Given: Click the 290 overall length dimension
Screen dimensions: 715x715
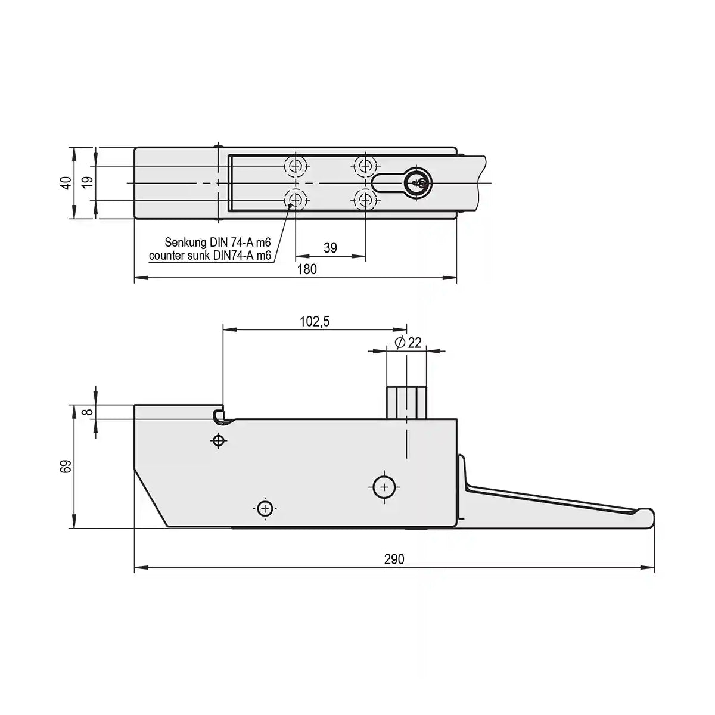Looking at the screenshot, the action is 394,559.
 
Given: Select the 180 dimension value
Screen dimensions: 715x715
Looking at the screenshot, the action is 307,269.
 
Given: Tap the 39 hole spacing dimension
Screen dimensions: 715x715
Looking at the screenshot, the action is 330,247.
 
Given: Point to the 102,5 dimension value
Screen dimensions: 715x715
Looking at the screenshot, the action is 314,321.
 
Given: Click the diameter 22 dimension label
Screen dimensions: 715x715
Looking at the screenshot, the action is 408,343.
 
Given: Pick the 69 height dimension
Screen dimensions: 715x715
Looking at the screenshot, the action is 66,467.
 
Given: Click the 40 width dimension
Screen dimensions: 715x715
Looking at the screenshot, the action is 66,183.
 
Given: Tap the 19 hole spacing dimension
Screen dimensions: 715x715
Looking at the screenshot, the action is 87,182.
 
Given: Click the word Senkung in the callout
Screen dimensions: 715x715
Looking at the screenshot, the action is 185,243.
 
